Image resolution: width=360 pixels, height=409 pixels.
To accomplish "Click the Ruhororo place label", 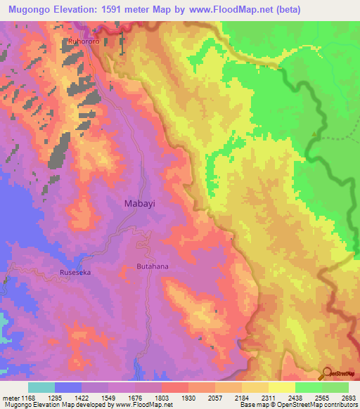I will click(83, 41).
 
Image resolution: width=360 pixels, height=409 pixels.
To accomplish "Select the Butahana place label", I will click(152, 267).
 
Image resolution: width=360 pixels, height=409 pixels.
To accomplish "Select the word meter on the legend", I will click(10, 398).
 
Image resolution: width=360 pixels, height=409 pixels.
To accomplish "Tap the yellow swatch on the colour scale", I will click(281, 387).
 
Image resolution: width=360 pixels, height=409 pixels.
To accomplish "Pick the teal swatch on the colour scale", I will click(41, 387).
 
